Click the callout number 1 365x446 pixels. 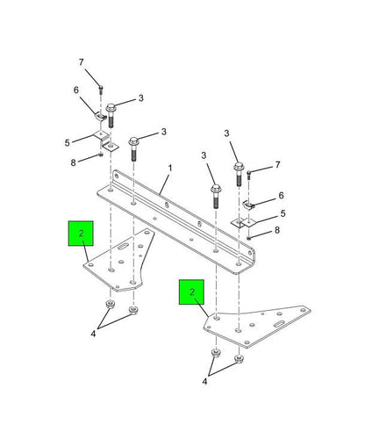pyautogui.click(x=170, y=169)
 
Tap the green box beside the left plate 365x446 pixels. pyautogui.click(x=81, y=234)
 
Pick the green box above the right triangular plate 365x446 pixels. pyautogui.click(x=191, y=292)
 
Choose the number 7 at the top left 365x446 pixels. pyautogui.click(x=81, y=62)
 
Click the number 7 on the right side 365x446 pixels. pyautogui.click(x=277, y=165)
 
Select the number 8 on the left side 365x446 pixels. pyautogui.click(x=73, y=162)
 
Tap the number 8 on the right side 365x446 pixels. pyautogui.click(x=277, y=230)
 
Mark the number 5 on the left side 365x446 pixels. pyautogui.click(x=68, y=143)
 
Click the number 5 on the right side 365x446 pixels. pyautogui.click(x=283, y=213)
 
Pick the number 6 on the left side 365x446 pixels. pyautogui.click(x=76, y=90)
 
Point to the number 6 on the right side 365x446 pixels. pyautogui.click(x=281, y=196)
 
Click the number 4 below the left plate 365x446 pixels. pyautogui.click(x=93, y=334)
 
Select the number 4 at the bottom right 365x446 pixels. pyautogui.click(x=204, y=381)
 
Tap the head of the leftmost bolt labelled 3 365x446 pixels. pyautogui.click(x=111, y=108)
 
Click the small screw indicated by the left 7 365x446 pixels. pyautogui.click(x=101, y=89)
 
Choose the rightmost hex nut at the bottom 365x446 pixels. pyautogui.click(x=239, y=358)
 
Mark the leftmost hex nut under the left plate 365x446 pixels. pyautogui.click(x=110, y=305)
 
